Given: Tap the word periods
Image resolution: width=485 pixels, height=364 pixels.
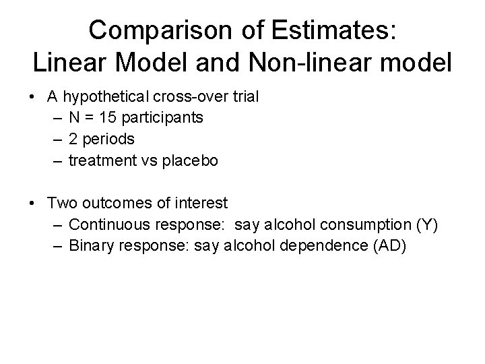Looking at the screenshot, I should (108, 140).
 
